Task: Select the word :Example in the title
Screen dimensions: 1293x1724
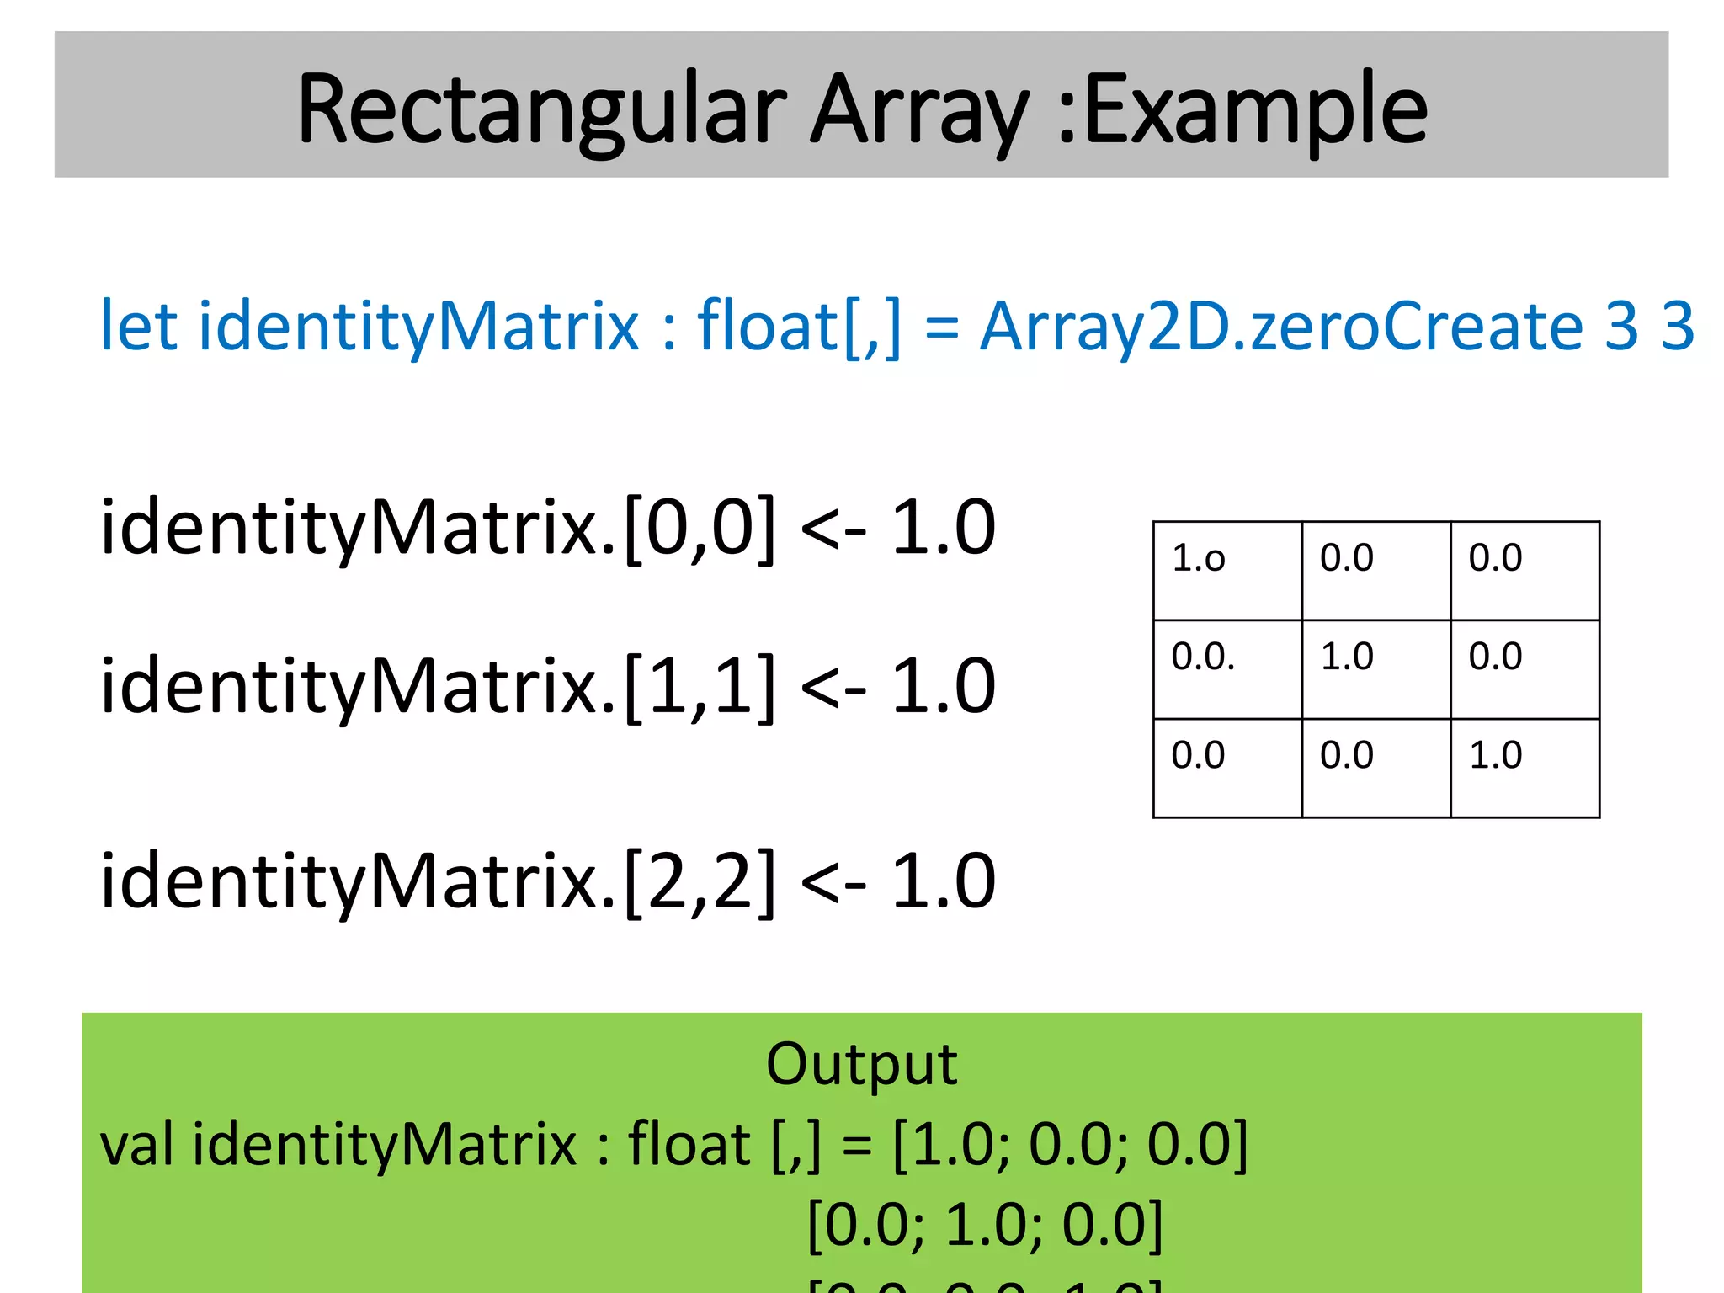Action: click(x=1242, y=111)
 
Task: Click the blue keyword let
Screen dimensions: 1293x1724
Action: click(x=138, y=327)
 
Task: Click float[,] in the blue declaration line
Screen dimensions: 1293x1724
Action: click(x=799, y=327)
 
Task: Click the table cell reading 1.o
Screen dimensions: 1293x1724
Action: click(x=1226, y=570)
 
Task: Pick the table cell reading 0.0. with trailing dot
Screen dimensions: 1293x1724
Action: click(x=1226, y=668)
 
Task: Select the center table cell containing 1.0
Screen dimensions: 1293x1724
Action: click(x=1375, y=668)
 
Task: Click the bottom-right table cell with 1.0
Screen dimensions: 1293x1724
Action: click(x=1524, y=767)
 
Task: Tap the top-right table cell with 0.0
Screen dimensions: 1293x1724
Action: click(x=1524, y=570)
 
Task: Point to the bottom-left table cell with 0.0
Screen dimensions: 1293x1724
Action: click(x=1226, y=767)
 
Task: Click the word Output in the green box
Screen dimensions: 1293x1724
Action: click(x=861, y=1065)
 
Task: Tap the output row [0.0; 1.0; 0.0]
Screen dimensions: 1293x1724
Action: click(x=985, y=1225)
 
